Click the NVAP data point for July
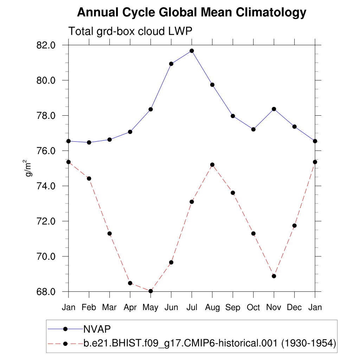192,51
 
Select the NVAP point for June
171,64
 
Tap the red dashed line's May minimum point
151,291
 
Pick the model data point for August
212,165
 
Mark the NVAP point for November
274,109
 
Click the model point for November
274,276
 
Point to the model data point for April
130,283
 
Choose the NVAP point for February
89,142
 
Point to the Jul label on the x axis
192,308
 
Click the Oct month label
253,308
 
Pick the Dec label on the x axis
294,308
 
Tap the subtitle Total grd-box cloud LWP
130,32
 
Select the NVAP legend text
97,329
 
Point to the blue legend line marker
65,329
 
